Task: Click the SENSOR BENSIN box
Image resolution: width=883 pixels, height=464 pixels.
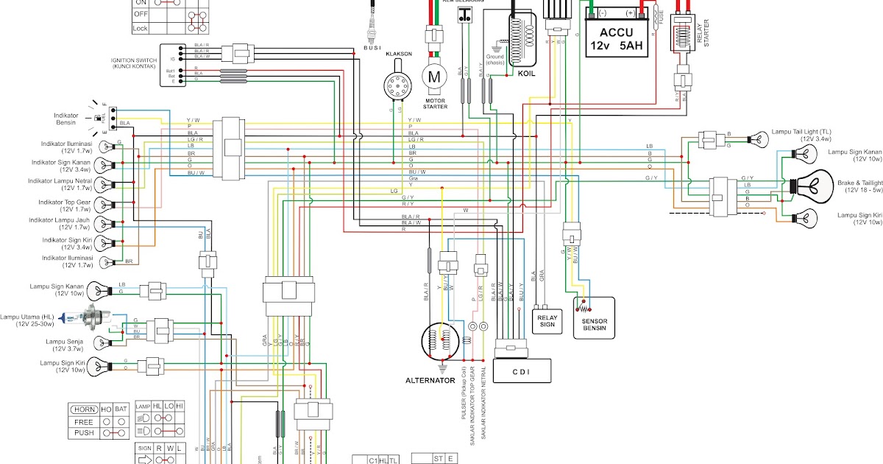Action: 594,318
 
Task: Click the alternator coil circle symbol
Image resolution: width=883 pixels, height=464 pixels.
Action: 440,342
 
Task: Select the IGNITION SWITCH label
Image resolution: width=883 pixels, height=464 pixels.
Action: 134,60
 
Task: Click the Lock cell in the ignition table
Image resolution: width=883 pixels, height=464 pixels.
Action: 140,28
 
